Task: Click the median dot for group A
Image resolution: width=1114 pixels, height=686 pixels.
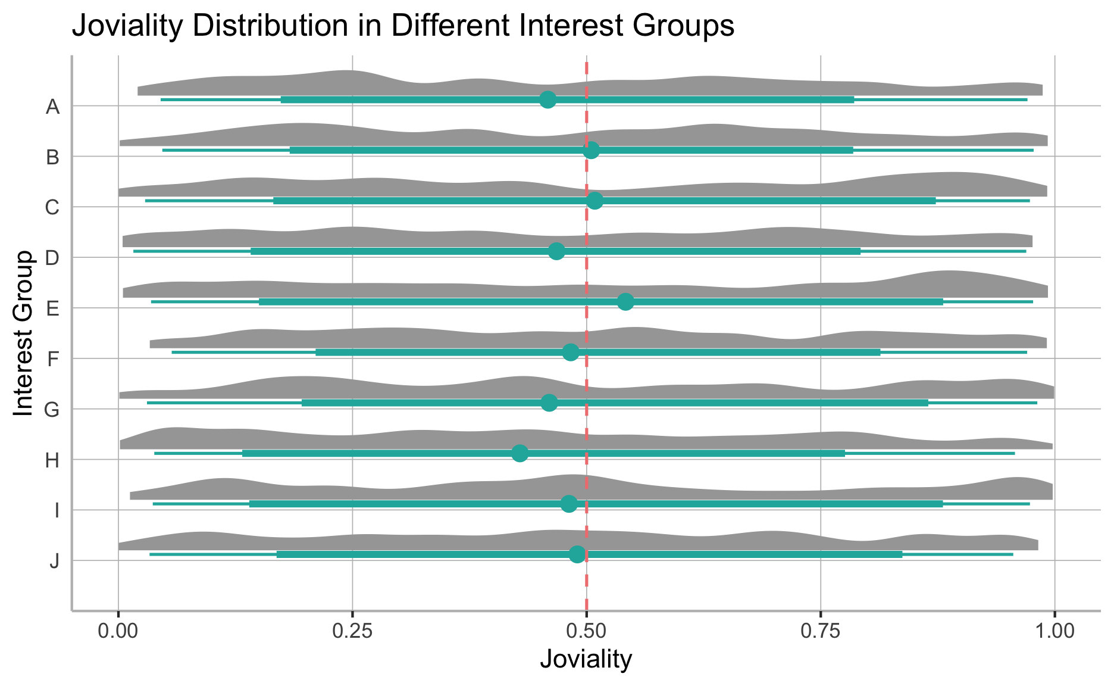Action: coord(548,99)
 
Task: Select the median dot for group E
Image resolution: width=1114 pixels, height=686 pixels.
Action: coord(625,301)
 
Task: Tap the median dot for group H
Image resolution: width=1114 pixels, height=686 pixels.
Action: coord(520,453)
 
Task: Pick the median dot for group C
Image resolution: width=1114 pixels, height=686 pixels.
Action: coord(594,201)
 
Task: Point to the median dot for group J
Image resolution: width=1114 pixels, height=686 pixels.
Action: coord(577,554)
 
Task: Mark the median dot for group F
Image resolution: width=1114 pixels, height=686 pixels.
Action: coord(571,352)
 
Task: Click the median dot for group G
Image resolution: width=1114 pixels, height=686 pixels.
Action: coord(549,403)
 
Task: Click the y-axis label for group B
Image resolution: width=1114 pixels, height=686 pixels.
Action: coord(53,158)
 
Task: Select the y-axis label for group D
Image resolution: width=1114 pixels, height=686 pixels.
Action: coord(53,258)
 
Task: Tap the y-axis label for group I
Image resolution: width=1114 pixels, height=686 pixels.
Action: coord(55,511)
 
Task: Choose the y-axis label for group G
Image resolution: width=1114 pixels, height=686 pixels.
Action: coord(52,410)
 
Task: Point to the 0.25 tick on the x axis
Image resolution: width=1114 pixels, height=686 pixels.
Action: coord(352,630)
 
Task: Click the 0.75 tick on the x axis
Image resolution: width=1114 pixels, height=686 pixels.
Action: coord(821,630)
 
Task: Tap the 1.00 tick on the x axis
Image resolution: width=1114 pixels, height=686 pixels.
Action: coord(1054,630)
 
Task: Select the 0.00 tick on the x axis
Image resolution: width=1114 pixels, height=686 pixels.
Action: coord(118,630)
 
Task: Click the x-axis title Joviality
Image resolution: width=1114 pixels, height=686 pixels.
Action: coord(586,660)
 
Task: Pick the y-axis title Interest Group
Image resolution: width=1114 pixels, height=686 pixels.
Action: coord(24,333)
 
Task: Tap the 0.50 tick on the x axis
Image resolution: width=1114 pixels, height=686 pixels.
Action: coord(587,630)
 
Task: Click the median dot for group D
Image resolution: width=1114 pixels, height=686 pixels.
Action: coord(556,251)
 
